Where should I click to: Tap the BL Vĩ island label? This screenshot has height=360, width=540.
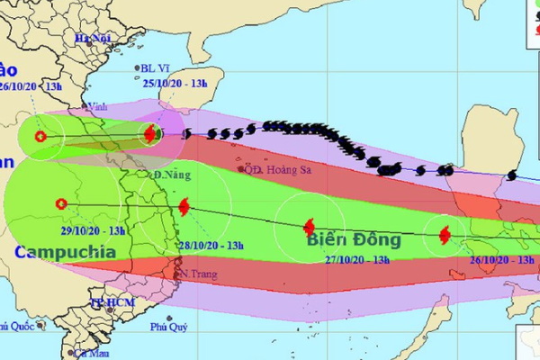pos(155,67)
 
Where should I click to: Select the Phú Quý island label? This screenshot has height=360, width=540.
pos(170,327)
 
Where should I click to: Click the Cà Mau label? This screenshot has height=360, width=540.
pos(90,355)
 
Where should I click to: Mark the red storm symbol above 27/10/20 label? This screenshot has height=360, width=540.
pos(309,227)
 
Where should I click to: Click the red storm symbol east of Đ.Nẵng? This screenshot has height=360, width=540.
pos(184,207)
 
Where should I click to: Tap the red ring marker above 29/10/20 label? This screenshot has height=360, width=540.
pos(60,203)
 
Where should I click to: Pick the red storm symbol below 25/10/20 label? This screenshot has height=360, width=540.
pos(150,134)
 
